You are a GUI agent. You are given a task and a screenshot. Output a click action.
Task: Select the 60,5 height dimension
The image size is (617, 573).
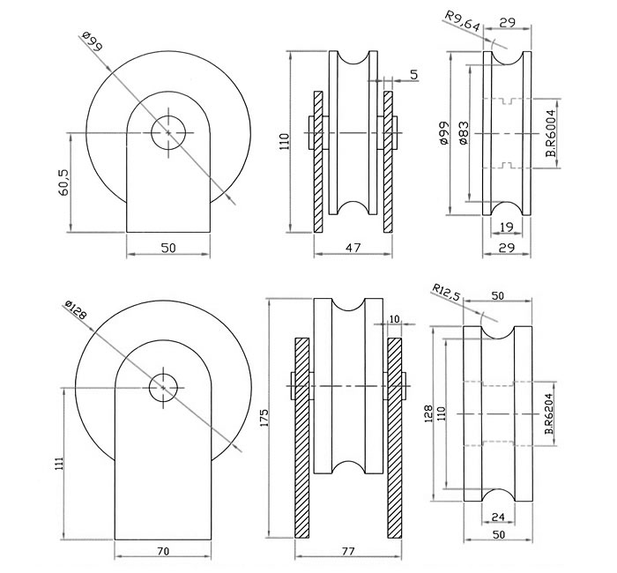pyautogui.click(x=63, y=183)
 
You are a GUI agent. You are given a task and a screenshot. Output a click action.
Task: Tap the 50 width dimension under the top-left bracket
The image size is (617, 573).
pyautogui.click(x=168, y=248)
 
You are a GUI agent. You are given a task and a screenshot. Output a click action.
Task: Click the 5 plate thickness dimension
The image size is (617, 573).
pyautogui.click(x=414, y=74)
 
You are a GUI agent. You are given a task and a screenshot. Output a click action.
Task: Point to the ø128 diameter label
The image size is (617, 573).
pyautogui.click(x=76, y=311)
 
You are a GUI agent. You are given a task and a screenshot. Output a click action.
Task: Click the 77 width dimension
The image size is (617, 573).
pyautogui.click(x=347, y=552)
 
